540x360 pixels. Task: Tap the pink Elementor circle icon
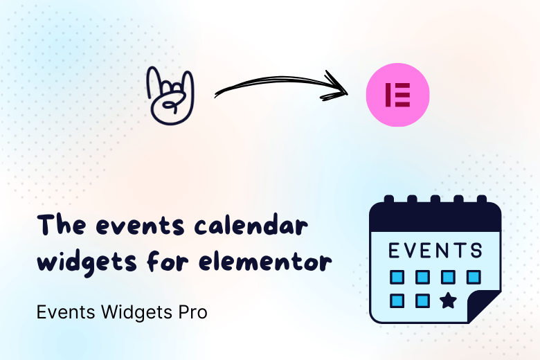tap(397, 94)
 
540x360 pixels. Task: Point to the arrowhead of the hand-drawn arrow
tap(339, 89)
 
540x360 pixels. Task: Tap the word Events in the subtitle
tap(57, 312)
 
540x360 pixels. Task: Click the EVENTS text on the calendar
tap(434, 250)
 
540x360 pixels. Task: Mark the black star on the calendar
tap(448, 301)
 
